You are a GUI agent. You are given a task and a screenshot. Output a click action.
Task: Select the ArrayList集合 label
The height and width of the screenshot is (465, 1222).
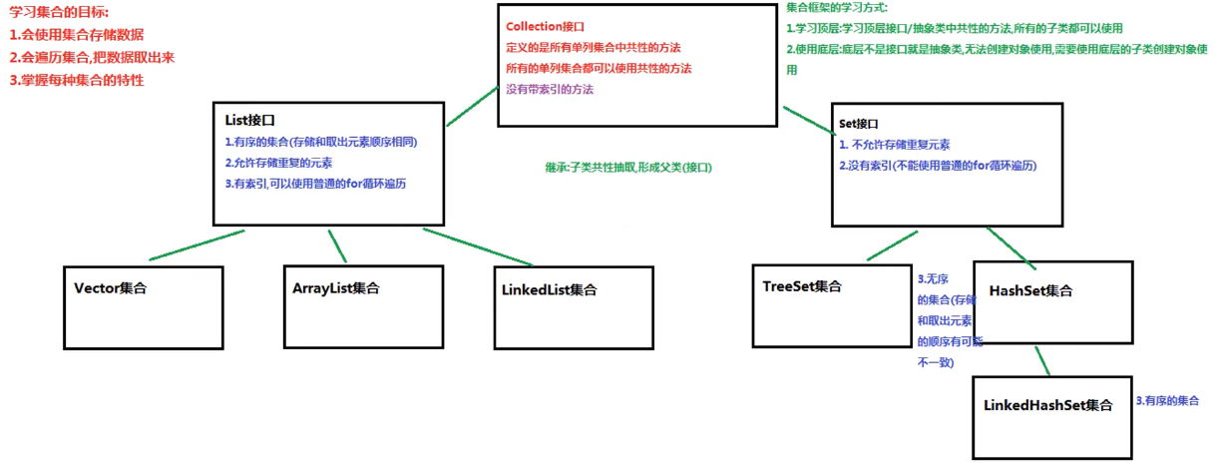336,288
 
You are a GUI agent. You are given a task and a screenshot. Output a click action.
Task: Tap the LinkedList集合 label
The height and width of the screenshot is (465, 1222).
549,290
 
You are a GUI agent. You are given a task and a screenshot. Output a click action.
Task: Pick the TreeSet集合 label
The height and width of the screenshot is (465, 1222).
802,286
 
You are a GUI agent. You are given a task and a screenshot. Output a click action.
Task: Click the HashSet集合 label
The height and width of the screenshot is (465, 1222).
1030,290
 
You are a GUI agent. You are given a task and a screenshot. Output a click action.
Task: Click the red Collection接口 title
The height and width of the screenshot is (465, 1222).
545,27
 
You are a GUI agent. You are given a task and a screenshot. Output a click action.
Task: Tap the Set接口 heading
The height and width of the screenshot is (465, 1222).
859,124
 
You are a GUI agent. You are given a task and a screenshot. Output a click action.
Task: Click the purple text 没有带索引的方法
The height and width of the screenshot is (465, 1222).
550,90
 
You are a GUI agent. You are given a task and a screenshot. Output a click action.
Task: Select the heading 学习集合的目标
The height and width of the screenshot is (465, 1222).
59,11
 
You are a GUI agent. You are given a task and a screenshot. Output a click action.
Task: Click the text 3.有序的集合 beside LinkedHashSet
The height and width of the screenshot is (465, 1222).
1167,401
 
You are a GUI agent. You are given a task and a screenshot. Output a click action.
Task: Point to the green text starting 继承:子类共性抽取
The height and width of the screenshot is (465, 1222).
628,167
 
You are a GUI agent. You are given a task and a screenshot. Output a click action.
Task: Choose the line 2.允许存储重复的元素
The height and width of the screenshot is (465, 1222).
279,163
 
